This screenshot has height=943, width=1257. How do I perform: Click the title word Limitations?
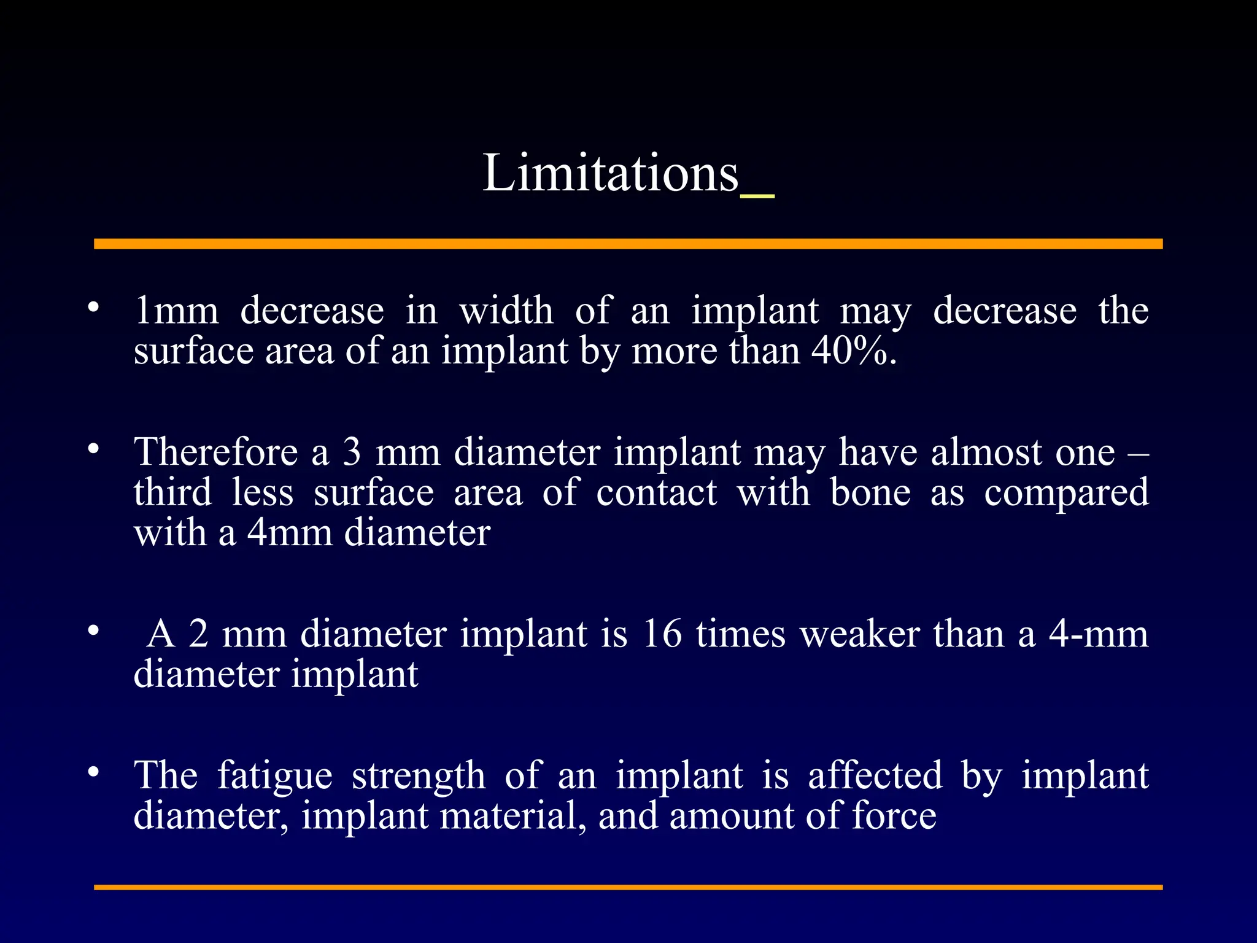pyautogui.click(x=610, y=174)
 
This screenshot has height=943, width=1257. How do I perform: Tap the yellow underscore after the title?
pyautogui.click(x=757, y=196)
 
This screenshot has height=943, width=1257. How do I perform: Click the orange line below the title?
pyautogui.click(x=628, y=244)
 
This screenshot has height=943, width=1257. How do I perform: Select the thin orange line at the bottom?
pyautogui.click(x=628, y=887)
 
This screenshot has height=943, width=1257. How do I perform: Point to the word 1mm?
pyautogui.click(x=176, y=311)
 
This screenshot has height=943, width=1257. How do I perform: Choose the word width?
pyautogui.click(x=506, y=311)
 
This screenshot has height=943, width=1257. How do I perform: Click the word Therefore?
pyautogui.click(x=216, y=452)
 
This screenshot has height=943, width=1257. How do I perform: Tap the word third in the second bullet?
pyautogui.click(x=172, y=492)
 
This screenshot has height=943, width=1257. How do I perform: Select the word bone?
pyautogui.click(x=870, y=492)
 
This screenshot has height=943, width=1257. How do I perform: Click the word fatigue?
pyautogui.click(x=274, y=776)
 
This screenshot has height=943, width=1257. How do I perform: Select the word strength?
pyautogui.click(x=418, y=776)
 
